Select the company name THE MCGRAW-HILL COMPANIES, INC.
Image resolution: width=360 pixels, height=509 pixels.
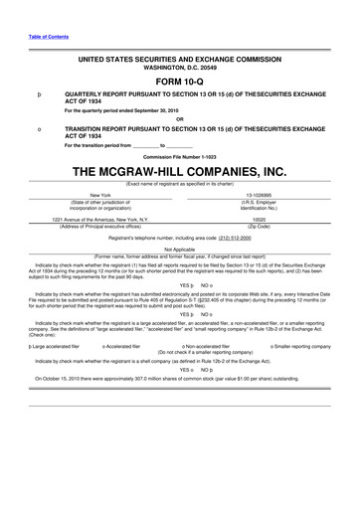click(179, 171)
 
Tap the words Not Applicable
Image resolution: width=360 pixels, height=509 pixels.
click(179, 250)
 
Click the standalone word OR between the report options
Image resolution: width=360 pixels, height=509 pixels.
click(179, 120)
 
